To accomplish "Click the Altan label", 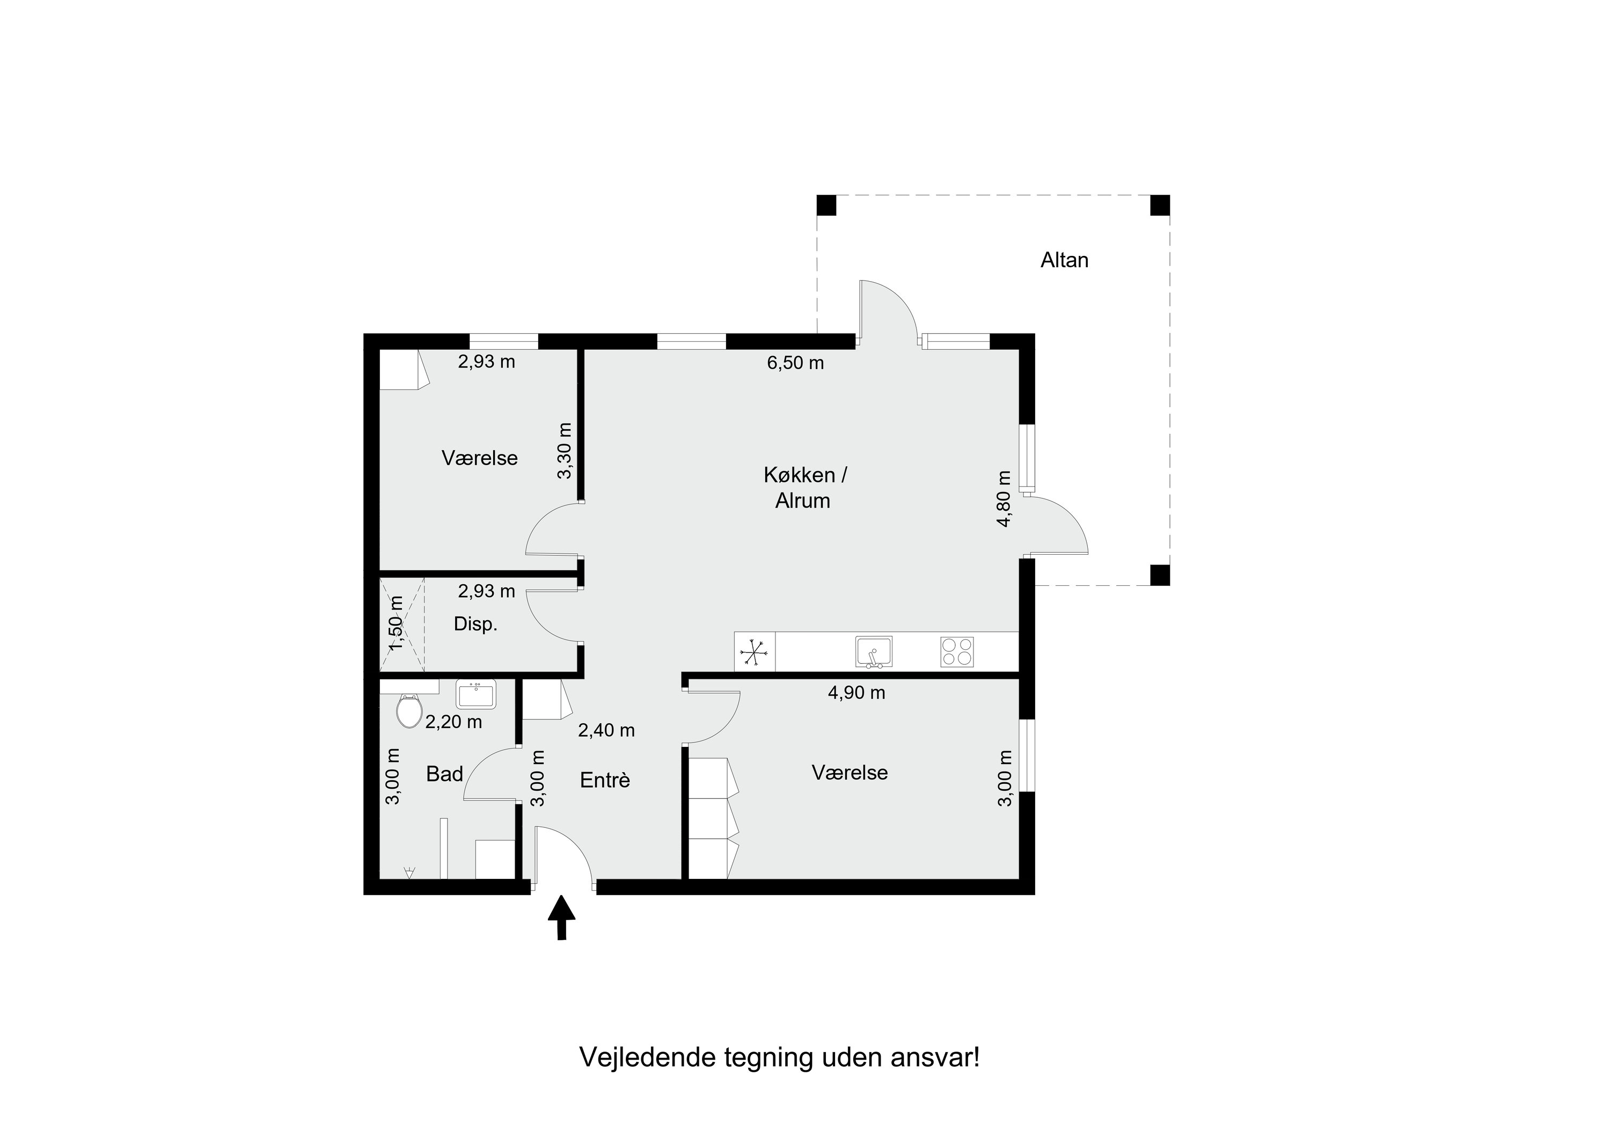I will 1064,260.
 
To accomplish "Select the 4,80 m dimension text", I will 1004,498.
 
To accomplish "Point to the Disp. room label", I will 475,624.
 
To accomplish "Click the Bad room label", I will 444,774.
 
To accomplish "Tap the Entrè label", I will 604,781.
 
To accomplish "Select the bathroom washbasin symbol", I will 476,694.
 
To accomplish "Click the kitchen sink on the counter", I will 873,652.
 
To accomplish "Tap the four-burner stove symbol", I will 956,652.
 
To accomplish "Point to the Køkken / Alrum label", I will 804,488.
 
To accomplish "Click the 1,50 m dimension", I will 396,622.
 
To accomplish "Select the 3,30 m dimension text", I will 565,450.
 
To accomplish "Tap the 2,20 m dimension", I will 453,722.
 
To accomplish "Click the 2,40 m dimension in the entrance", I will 606,731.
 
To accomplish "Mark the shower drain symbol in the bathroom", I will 409,872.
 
